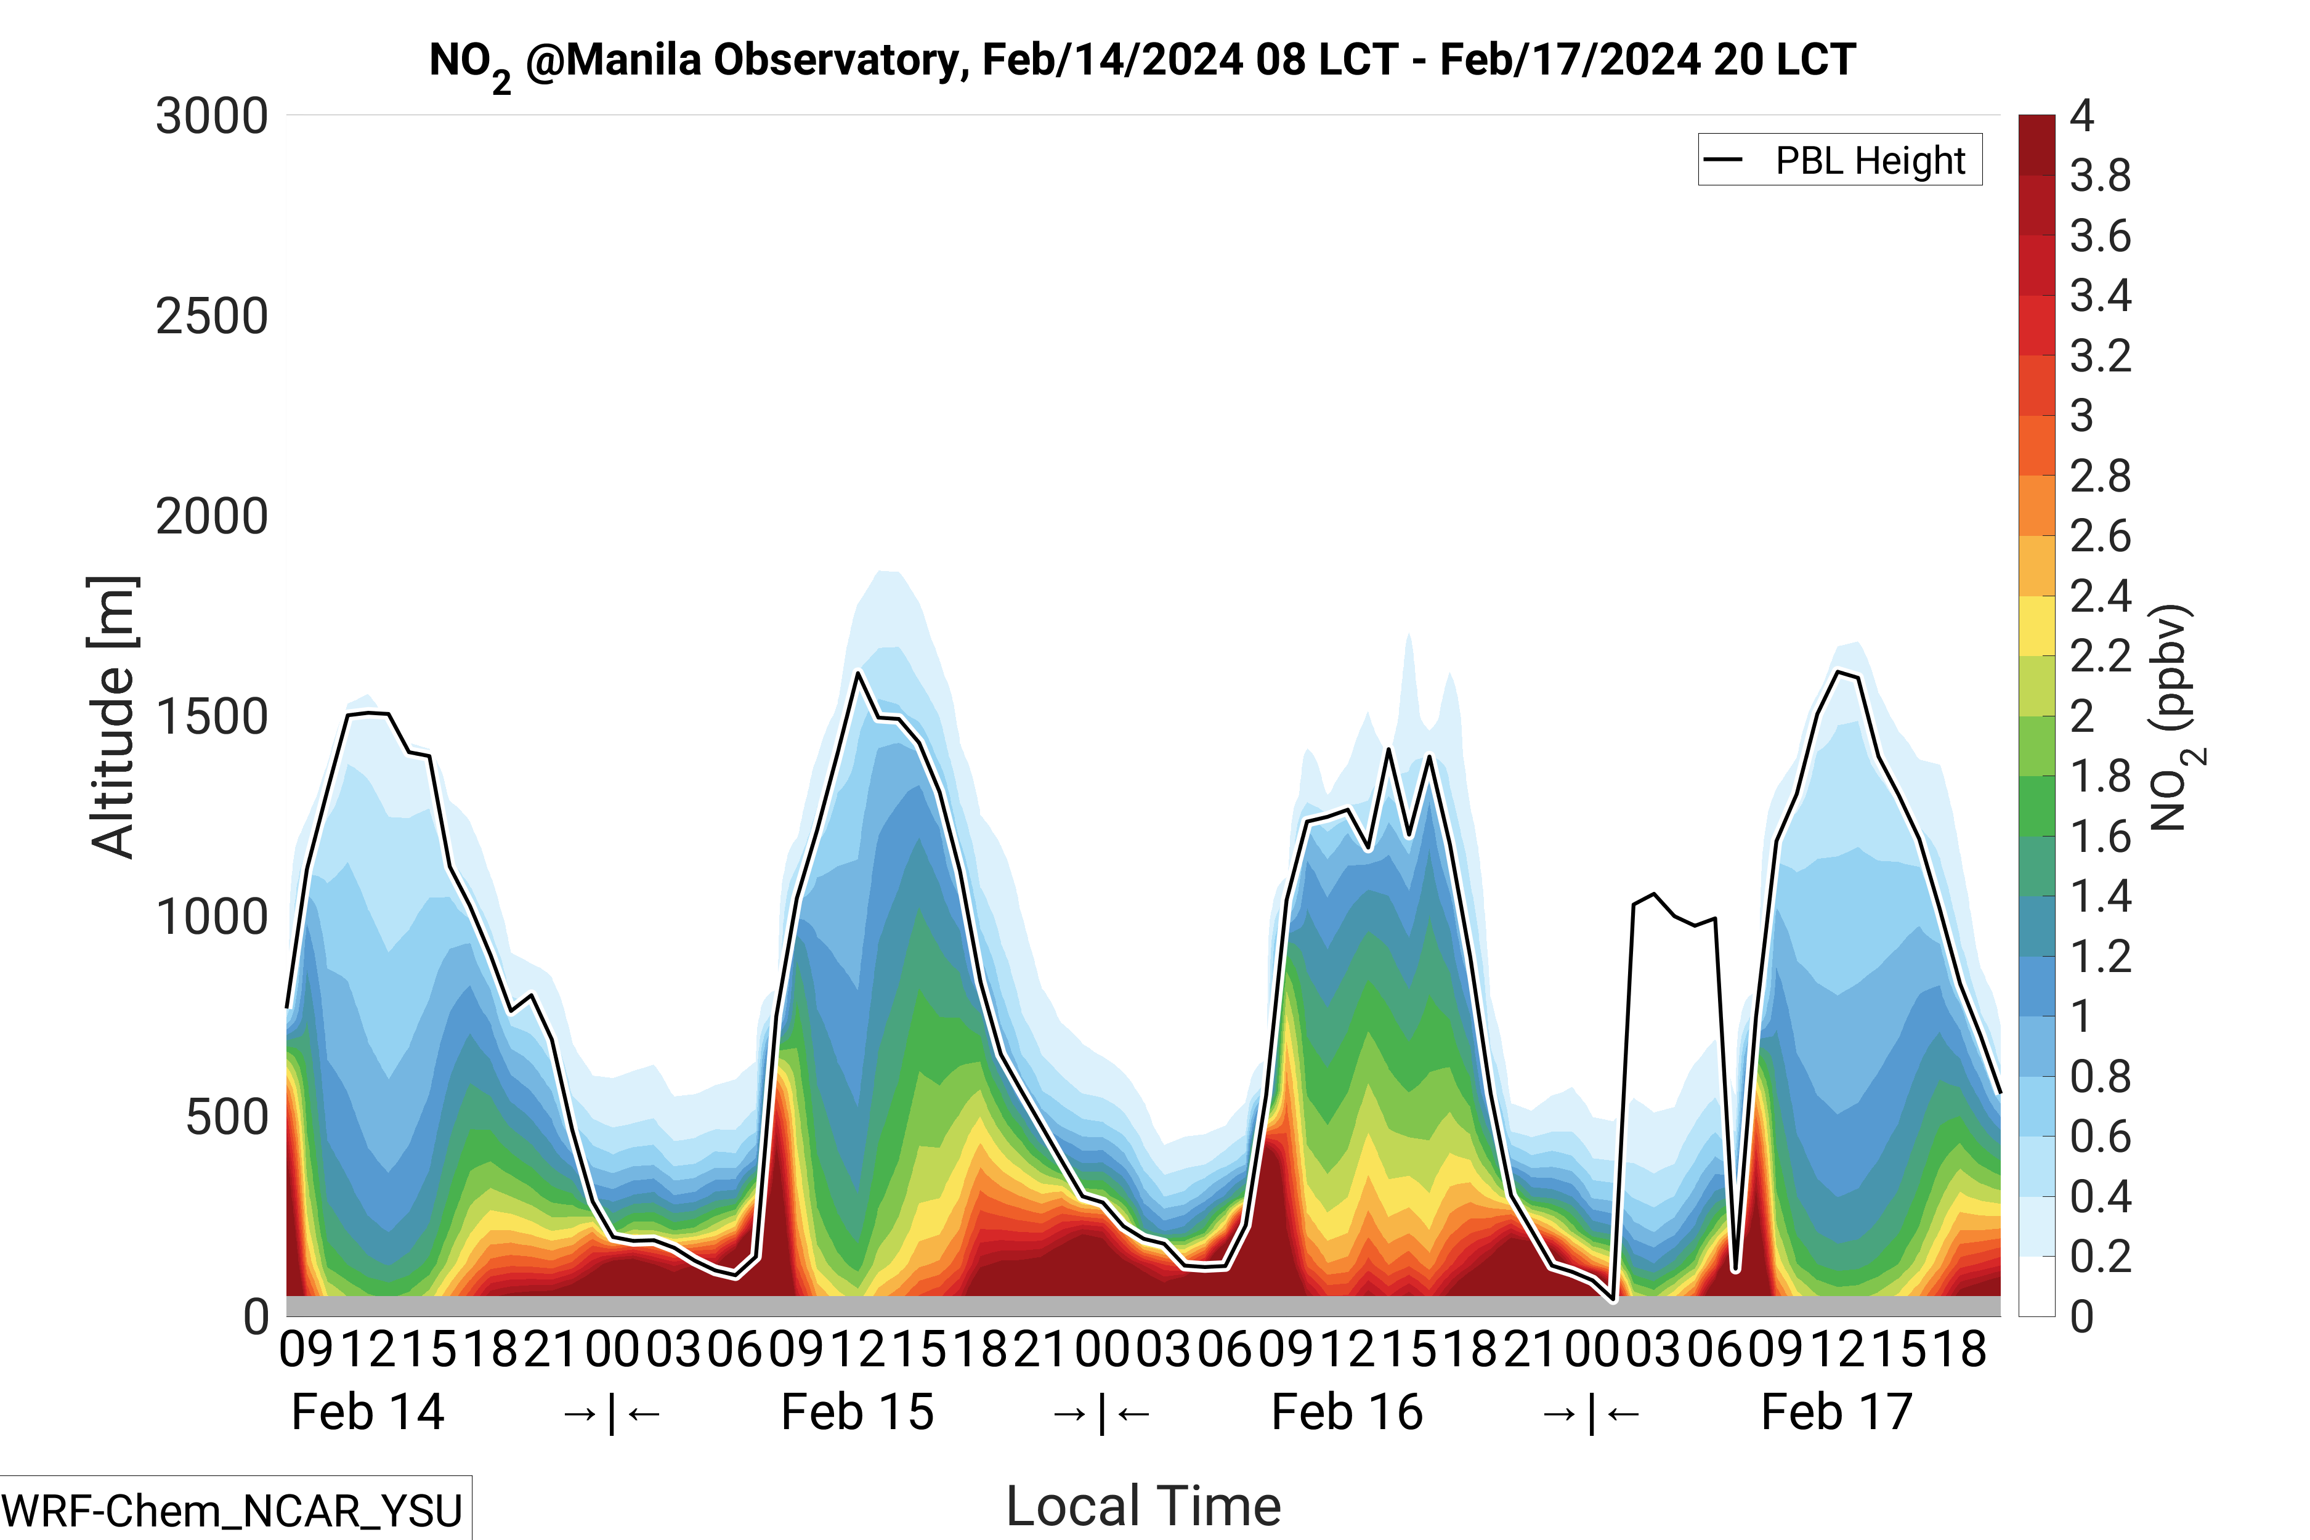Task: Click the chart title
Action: point(1142,61)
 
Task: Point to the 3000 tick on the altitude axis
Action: point(211,117)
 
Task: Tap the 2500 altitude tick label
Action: point(211,317)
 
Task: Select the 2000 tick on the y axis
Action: point(211,517)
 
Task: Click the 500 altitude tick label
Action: point(226,1117)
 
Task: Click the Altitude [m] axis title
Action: point(112,717)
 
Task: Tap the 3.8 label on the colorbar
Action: point(2100,177)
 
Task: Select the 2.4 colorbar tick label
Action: point(2100,596)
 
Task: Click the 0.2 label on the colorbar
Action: point(2100,1256)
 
